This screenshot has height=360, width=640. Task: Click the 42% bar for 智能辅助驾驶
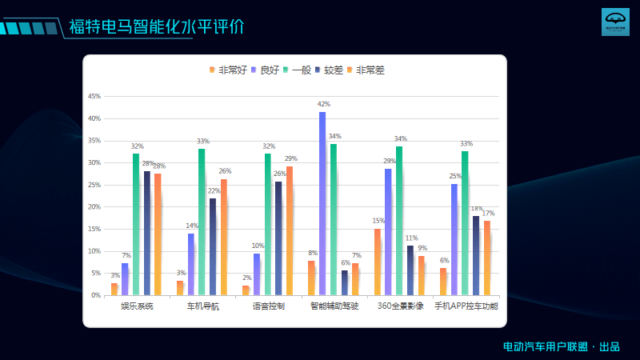tap(322, 204)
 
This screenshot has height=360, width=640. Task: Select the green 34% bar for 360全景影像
tap(399, 221)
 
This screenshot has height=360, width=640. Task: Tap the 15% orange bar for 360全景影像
tap(378, 262)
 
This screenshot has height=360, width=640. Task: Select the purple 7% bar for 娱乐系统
tap(125, 279)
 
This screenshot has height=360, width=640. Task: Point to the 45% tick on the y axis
tap(94, 97)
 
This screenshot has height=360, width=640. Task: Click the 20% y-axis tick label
tap(94, 207)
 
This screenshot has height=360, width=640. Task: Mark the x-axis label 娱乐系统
tap(137, 306)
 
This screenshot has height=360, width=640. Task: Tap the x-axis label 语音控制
tap(268, 306)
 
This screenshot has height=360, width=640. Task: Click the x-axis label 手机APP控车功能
tap(466, 306)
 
